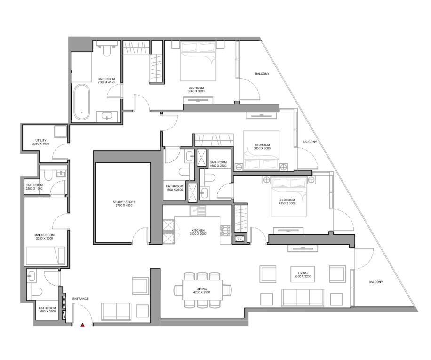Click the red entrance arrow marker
[x=82, y=325]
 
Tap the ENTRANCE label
[x=80, y=299]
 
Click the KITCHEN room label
[x=198, y=230]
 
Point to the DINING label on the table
[x=202, y=289]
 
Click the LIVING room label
[x=303, y=273]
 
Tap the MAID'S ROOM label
[x=45, y=235]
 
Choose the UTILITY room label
[x=41, y=140]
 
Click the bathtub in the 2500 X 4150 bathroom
[x=82, y=102]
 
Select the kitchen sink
[x=197, y=211]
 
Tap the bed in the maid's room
[x=46, y=256]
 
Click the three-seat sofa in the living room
[x=303, y=297]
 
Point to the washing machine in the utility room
[x=61, y=132]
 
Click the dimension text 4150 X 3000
[x=287, y=203]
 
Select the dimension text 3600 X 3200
[x=196, y=91]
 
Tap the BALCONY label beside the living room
[x=376, y=282]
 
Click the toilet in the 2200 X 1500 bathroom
[x=48, y=176]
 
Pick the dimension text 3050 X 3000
[x=262, y=148]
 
